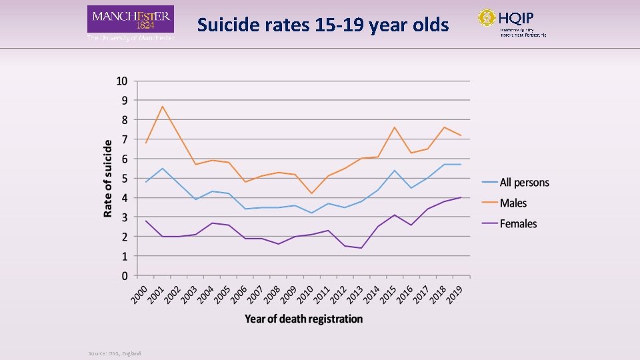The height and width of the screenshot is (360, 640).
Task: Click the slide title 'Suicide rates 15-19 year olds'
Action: (x=323, y=25)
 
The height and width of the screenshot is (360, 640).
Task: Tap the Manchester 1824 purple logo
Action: (x=131, y=19)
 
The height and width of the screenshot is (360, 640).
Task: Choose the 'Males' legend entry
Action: (x=513, y=203)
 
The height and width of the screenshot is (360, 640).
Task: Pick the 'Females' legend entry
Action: (x=518, y=224)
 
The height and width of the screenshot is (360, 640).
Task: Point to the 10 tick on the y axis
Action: (x=122, y=81)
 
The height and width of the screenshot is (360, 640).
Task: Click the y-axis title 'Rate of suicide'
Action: (x=107, y=178)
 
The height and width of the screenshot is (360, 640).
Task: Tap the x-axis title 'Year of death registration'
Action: (x=303, y=319)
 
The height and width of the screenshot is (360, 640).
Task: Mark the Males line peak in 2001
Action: (x=162, y=106)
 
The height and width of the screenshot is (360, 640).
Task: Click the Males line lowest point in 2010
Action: (x=311, y=193)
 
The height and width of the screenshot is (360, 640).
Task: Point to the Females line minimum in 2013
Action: (x=361, y=248)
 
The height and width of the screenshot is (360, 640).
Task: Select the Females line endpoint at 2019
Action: (x=461, y=197)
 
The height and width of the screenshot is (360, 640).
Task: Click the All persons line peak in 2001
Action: (x=162, y=168)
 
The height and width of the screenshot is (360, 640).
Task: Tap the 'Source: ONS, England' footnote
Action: (x=114, y=353)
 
